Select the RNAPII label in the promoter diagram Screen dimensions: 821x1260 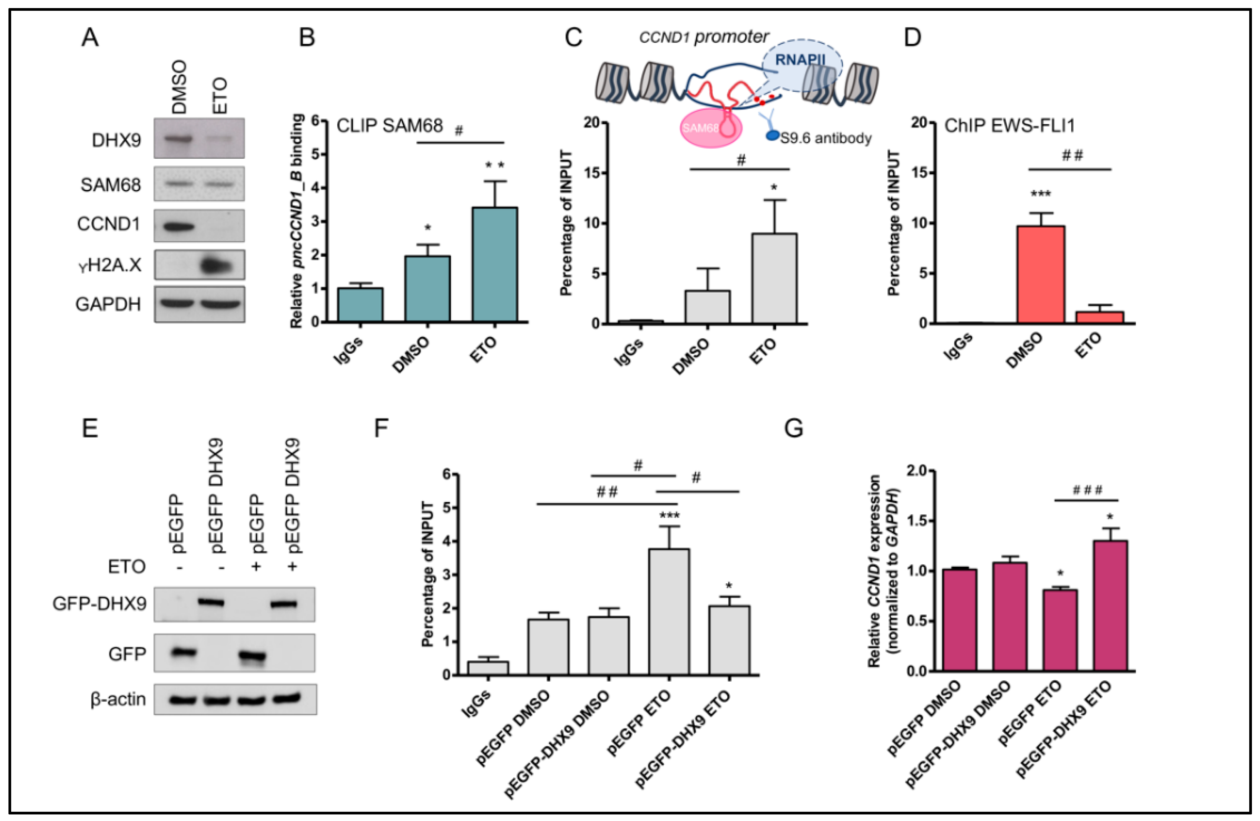[x=800, y=59]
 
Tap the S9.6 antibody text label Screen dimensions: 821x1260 [x=825, y=138]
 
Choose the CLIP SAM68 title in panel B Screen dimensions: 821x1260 [x=390, y=126]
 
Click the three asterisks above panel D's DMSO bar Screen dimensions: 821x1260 [x=1040, y=194]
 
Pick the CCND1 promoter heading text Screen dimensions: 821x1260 [x=704, y=37]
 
